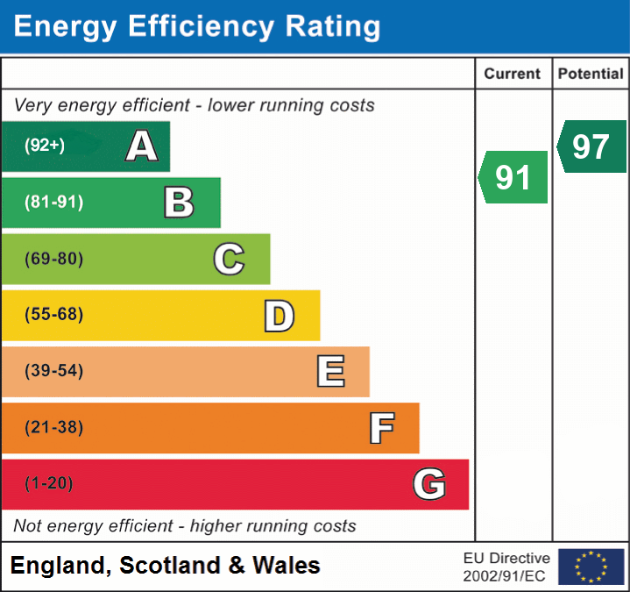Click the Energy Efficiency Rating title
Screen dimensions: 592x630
[197, 26]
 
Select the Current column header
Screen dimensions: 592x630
[513, 75]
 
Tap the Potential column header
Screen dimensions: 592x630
[591, 75]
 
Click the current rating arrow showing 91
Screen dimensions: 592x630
[513, 177]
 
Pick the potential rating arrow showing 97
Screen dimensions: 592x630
[592, 146]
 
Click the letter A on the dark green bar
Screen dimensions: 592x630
[142, 146]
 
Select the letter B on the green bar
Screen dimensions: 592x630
[179, 203]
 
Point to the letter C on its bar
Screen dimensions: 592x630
[229, 259]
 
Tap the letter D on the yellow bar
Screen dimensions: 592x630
[280, 316]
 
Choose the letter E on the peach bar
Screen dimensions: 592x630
[330, 372]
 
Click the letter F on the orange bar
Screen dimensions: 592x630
[381, 428]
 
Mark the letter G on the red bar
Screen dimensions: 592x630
[429, 484]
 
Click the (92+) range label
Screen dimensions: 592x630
[45, 146]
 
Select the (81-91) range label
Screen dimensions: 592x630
[53, 203]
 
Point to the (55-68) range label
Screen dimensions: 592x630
[53, 315]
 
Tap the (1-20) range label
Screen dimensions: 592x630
[49, 483]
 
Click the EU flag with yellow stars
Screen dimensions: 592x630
[591, 567]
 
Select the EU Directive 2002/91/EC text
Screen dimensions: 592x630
[506, 567]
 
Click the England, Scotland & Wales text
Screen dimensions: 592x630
[166, 566]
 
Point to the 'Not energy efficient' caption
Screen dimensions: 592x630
[185, 526]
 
